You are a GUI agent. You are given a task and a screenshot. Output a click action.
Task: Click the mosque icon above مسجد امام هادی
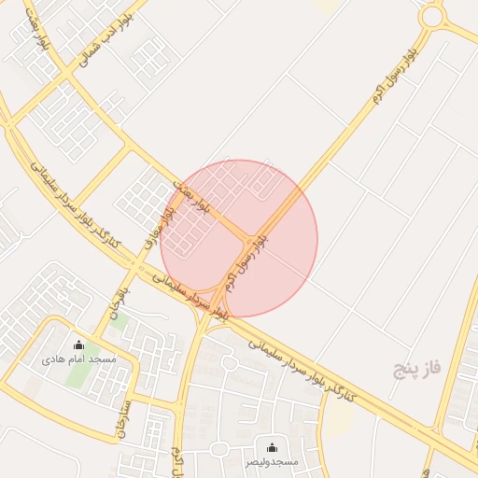tap(77, 345)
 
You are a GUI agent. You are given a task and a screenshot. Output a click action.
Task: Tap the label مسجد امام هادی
tap(78, 359)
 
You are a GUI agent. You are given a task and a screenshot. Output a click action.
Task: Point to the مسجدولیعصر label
tap(272, 461)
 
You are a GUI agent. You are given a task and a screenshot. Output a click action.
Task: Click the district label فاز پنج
tap(415, 368)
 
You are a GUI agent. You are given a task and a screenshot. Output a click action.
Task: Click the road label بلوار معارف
tap(158, 226)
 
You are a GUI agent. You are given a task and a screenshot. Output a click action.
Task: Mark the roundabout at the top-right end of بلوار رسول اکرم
tap(431, 15)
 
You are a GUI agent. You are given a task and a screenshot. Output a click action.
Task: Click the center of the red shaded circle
tap(239, 238)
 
